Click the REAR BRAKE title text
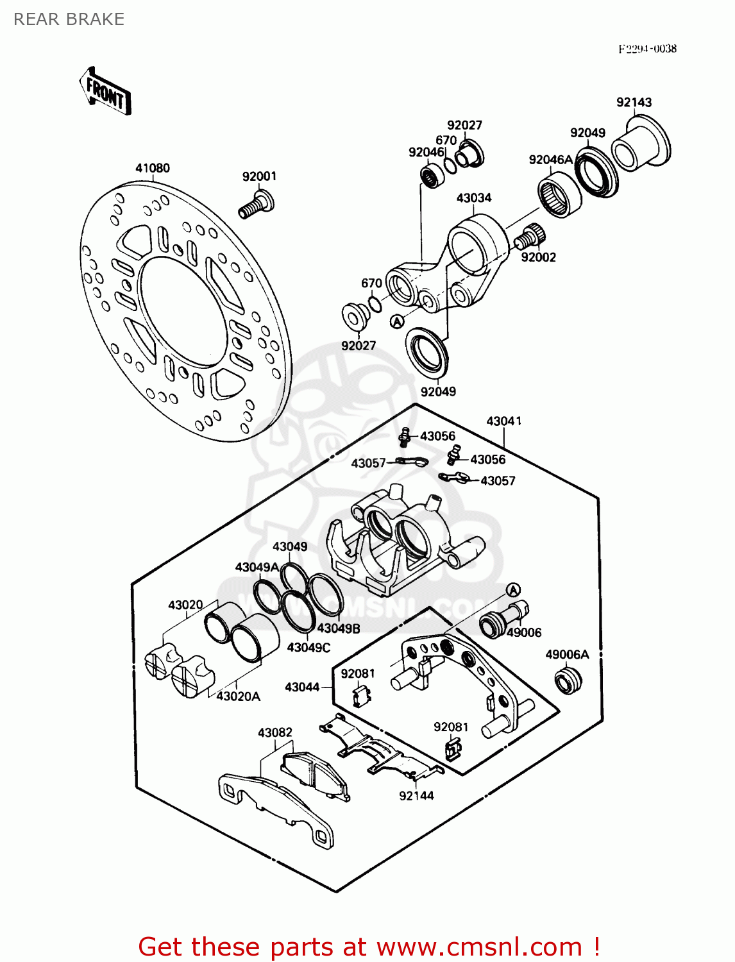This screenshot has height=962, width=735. point(69,19)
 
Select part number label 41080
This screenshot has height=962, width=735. point(153,168)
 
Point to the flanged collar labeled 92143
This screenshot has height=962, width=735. point(640,146)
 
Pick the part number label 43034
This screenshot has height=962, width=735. point(474,198)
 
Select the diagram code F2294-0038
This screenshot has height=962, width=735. point(647,49)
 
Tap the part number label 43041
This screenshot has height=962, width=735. point(503,421)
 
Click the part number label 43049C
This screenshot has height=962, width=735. point(308,647)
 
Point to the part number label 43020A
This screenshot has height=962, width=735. point(239,696)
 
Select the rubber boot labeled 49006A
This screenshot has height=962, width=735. point(568,680)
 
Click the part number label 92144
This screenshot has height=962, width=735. point(416,795)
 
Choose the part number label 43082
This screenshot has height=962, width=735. point(275,732)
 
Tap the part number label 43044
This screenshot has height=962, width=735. point(302,687)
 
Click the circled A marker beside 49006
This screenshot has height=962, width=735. point(513,590)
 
